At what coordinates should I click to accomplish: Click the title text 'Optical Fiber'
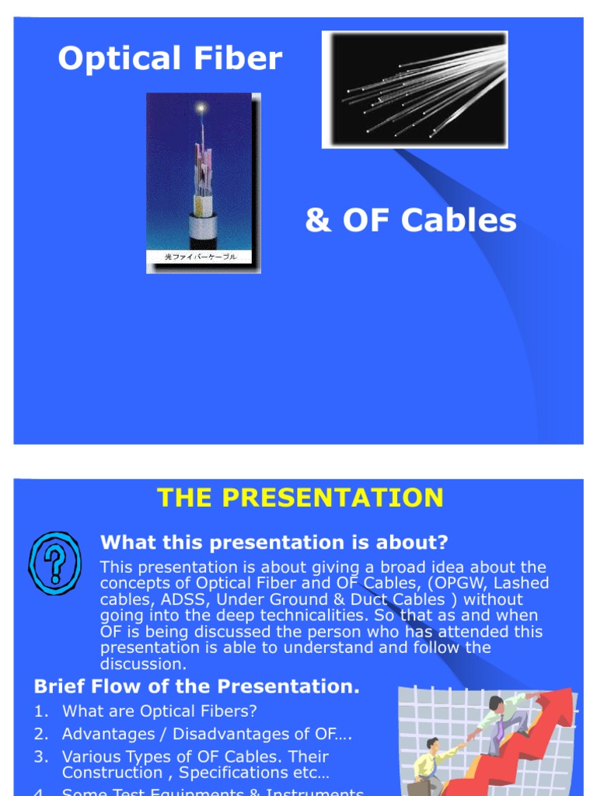(x=169, y=58)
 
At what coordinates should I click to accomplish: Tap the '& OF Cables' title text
(x=410, y=221)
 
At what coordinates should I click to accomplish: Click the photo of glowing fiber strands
(x=415, y=89)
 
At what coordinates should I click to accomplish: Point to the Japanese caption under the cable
(x=201, y=257)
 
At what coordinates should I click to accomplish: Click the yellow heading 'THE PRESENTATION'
(x=300, y=497)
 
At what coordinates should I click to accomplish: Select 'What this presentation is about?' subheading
(x=274, y=543)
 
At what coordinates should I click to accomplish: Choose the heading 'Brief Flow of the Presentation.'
(x=197, y=686)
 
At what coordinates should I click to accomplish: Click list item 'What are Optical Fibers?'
(x=159, y=711)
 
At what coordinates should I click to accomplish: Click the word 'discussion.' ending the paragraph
(x=144, y=664)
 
